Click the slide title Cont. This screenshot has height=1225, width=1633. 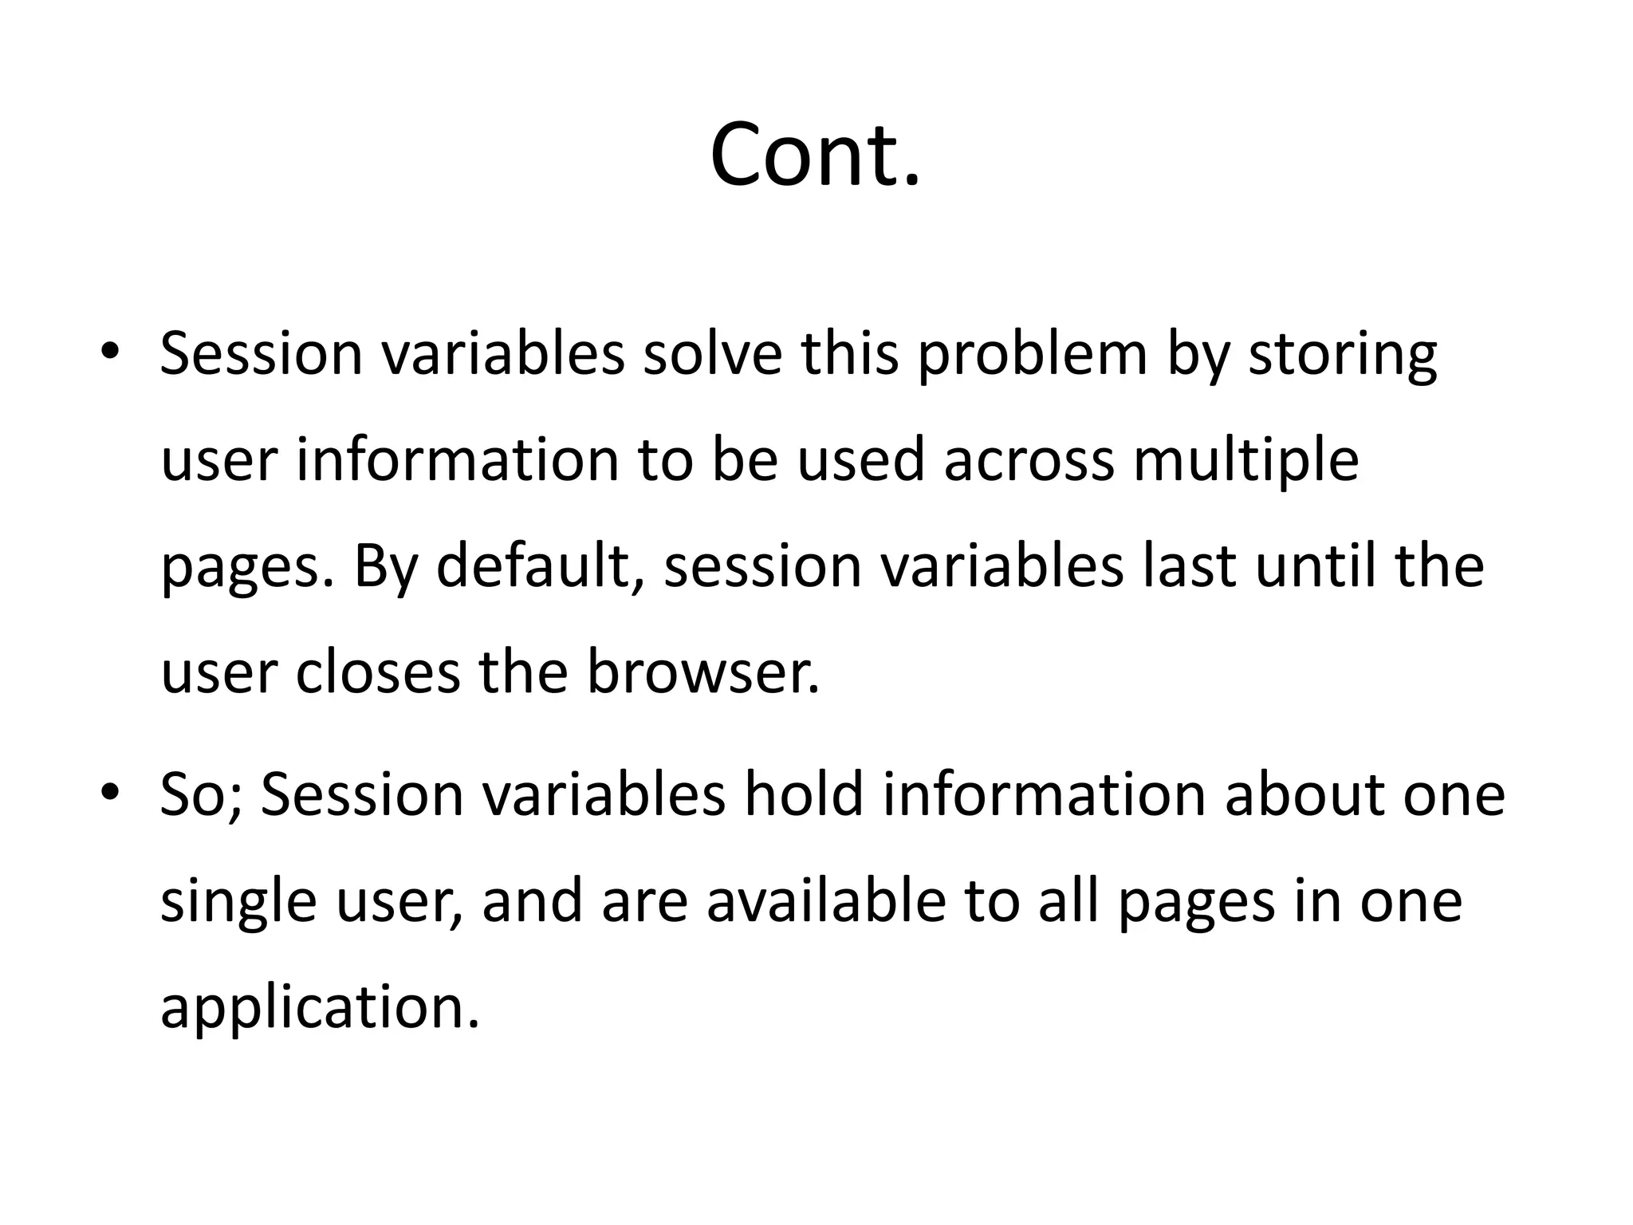815,155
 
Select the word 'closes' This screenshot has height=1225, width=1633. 378,672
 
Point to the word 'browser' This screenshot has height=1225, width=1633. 701,672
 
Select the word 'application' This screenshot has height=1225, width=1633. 319,1009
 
